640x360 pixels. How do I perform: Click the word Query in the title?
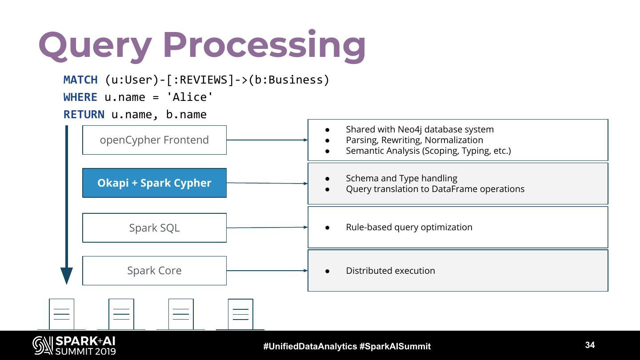tap(95, 46)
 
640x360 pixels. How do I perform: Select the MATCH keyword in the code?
tap(80, 80)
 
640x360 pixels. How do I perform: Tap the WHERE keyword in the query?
tap(80, 97)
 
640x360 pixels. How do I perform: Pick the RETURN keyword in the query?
tap(84, 114)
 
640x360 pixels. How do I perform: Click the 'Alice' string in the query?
tap(189, 97)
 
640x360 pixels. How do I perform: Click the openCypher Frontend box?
tap(154, 140)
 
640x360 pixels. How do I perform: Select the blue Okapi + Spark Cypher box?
tap(154, 183)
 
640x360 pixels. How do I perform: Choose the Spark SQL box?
tap(154, 228)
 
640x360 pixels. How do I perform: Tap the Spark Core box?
tap(154, 271)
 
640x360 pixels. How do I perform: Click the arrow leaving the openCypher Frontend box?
tap(267, 140)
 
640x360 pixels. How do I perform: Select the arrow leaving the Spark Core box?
tap(267, 271)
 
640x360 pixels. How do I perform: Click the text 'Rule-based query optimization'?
tap(409, 227)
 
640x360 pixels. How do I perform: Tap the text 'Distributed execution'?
tap(391, 271)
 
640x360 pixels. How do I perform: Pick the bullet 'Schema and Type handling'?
tap(401, 178)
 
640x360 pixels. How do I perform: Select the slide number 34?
tap(590, 345)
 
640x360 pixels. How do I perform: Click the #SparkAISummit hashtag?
tap(395, 346)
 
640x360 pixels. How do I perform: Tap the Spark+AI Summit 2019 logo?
tap(74, 345)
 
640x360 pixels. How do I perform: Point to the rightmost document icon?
tap(240, 314)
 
